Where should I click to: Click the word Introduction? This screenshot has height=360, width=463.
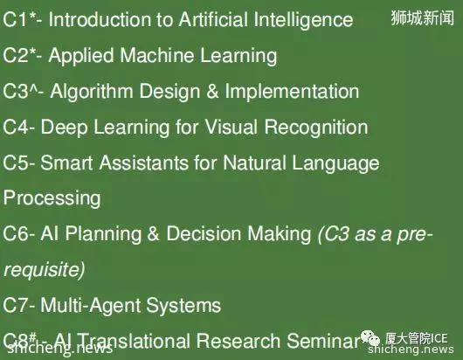pyautogui.click(x=100, y=19)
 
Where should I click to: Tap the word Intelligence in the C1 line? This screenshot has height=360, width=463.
pyautogui.click(x=303, y=21)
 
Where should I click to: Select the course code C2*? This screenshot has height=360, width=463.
pyautogui.click(x=20, y=55)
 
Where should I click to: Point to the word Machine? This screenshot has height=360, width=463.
pyautogui.click(x=156, y=55)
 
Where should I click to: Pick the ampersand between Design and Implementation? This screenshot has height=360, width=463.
pyautogui.click(x=212, y=91)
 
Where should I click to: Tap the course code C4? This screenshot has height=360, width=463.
pyautogui.click(x=16, y=127)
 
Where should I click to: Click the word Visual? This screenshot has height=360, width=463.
pyautogui.click(x=231, y=127)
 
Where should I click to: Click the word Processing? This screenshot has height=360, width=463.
pyautogui.click(x=52, y=198)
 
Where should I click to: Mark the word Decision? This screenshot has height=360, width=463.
pyautogui.click(x=204, y=233)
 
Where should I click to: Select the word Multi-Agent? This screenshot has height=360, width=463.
pyautogui.click(x=90, y=306)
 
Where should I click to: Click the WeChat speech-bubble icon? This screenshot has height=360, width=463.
pyautogui.click(x=370, y=337)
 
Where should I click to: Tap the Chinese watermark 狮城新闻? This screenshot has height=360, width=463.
pyautogui.click(x=422, y=17)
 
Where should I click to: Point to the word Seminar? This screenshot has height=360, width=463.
pyautogui.click(x=322, y=341)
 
